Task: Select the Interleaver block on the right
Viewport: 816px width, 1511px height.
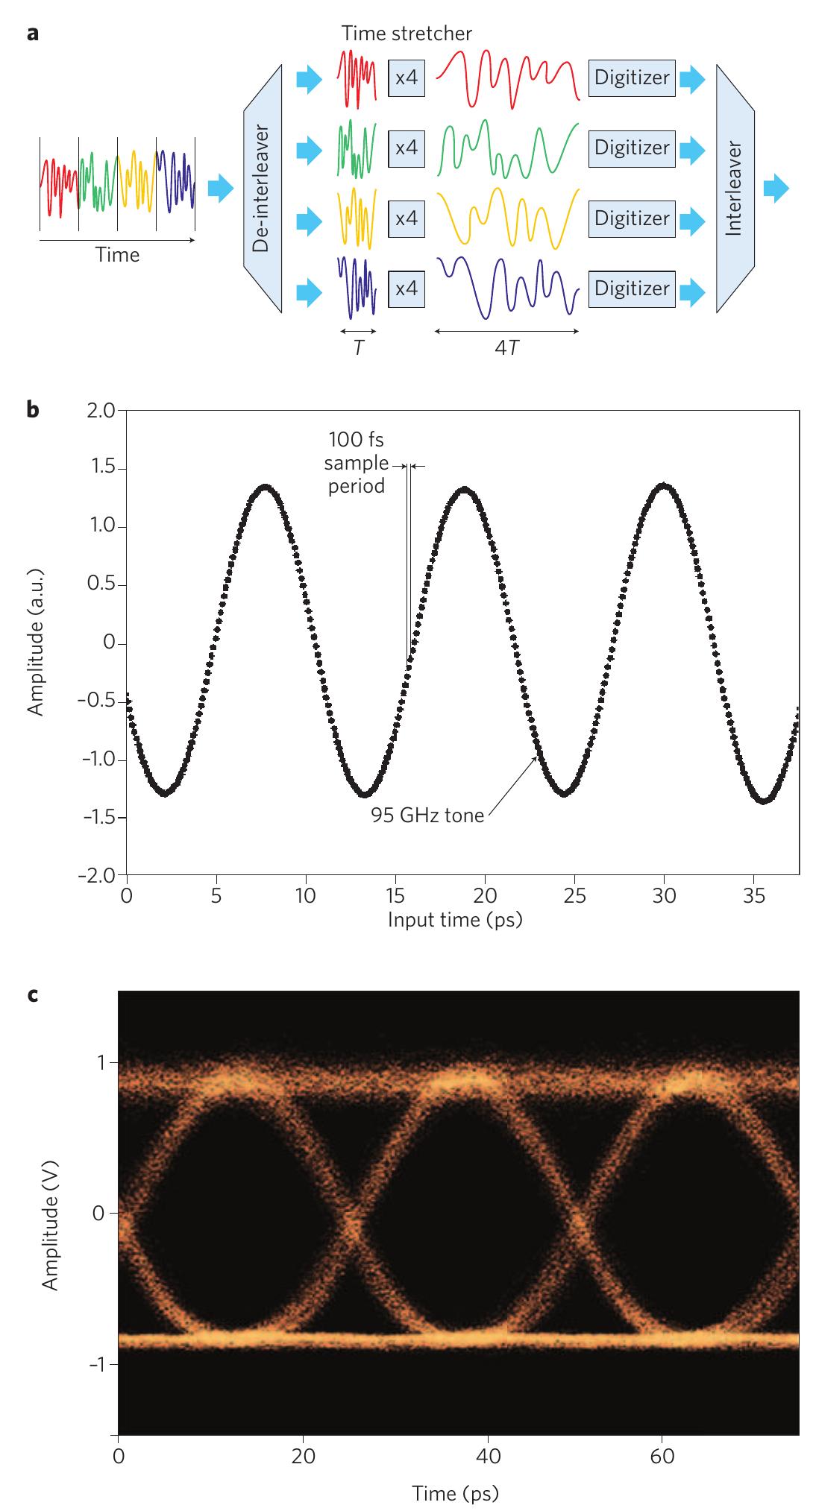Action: (x=735, y=188)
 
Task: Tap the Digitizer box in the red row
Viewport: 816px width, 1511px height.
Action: (x=632, y=78)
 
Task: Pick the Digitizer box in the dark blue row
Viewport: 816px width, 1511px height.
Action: (x=632, y=288)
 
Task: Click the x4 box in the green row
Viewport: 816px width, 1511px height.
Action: (x=407, y=148)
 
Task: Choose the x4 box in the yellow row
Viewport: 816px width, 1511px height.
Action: (x=407, y=218)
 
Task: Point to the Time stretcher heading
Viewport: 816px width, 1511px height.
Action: (x=407, y=33)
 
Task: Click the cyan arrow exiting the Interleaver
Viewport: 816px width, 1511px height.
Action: (x=776, y=188)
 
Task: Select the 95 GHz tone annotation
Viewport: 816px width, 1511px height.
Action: (x=427, y=815)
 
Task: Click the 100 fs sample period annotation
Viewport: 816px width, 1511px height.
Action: (x=356, y=464)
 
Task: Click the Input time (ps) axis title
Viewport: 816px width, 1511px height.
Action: (x=454, y=919)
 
